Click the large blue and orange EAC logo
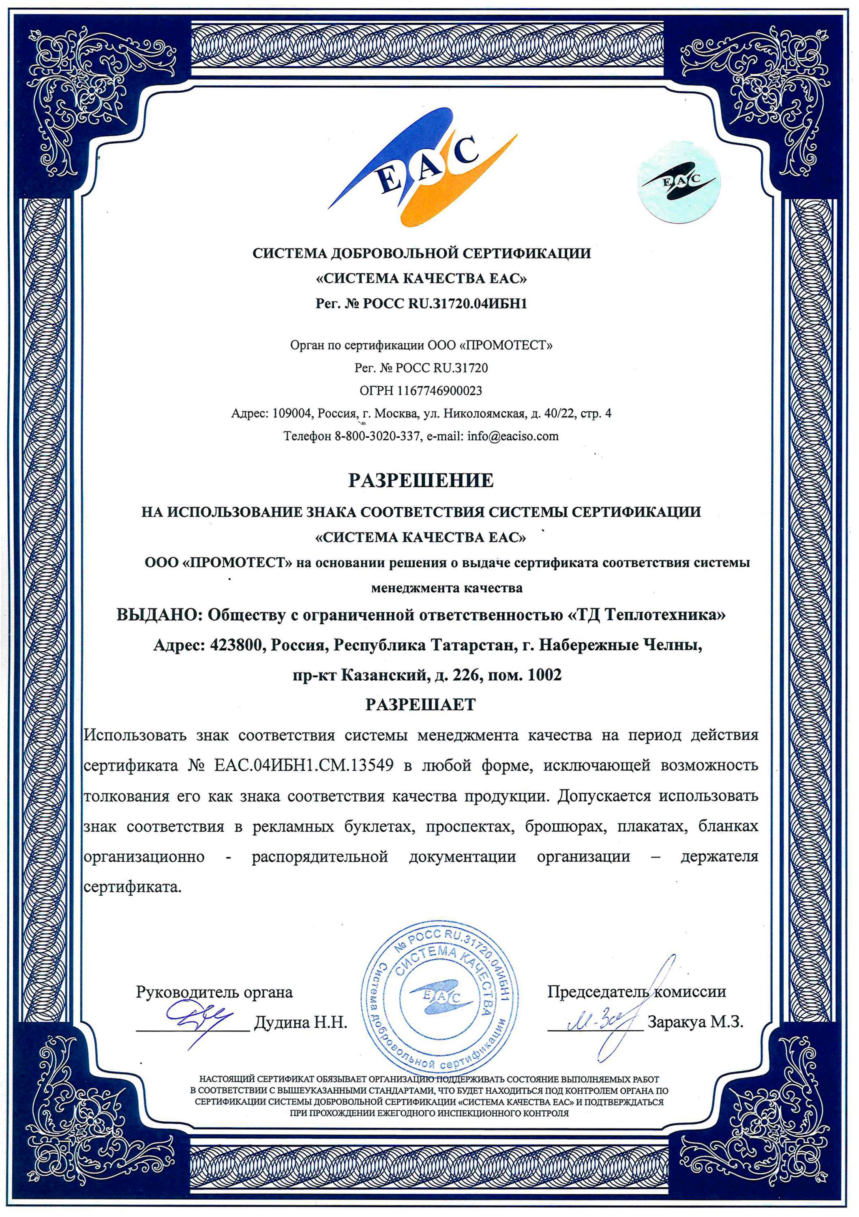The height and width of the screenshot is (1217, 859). click(422, 168)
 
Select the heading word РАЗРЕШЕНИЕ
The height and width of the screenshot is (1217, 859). click(421, 481)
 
